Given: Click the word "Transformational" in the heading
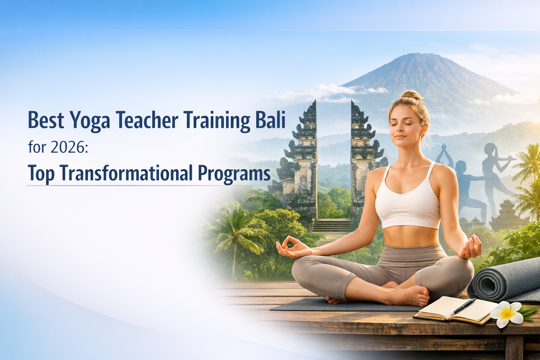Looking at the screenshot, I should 126,173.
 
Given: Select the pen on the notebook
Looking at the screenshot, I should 463,306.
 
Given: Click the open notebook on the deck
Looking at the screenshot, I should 450,309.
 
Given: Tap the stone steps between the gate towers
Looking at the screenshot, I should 332,225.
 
